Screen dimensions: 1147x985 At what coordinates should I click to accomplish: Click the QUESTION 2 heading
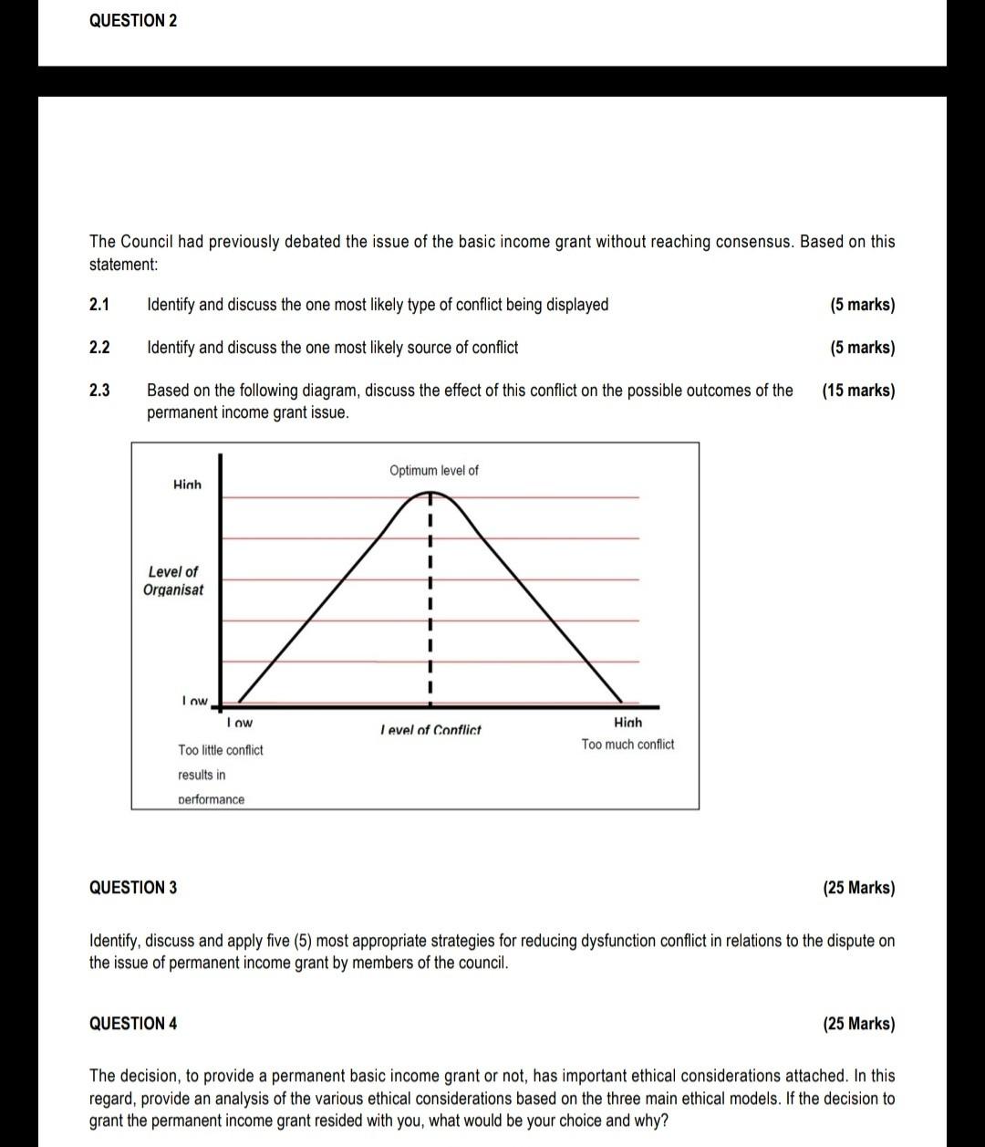click(133, 21)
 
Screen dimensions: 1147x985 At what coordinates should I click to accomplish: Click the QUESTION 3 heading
click(133, 888)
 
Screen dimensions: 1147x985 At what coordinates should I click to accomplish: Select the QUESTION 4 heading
click(133, 1024)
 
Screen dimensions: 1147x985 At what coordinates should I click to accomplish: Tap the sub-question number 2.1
click(99, 305)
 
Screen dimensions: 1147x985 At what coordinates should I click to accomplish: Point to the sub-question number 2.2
click(99, 348)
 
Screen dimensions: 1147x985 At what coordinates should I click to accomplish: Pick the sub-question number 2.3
click(99, 391)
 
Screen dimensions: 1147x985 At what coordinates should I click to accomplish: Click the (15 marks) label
click(858, 391)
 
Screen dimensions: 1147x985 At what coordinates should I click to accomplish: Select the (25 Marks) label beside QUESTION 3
click(858, 888)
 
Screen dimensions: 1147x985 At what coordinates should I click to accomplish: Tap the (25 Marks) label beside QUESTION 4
click(858, 1024)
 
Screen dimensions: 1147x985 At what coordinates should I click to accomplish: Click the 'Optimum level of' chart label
click(433, 471)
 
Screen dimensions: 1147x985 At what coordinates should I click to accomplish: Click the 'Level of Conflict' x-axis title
click(430, 730)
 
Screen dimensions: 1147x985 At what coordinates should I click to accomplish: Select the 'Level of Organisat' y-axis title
click(173, 580)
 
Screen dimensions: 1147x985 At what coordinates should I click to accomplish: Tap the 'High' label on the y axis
click(187, 485)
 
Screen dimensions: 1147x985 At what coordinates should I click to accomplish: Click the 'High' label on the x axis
click(627, 723)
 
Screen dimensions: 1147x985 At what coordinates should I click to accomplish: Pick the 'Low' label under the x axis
click(239, 723)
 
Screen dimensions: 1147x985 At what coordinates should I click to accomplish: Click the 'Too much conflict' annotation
click(627, 745)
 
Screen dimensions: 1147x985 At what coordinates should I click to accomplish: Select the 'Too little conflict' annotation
click(221, 750)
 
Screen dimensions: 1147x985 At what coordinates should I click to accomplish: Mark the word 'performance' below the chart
click(211, 800)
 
